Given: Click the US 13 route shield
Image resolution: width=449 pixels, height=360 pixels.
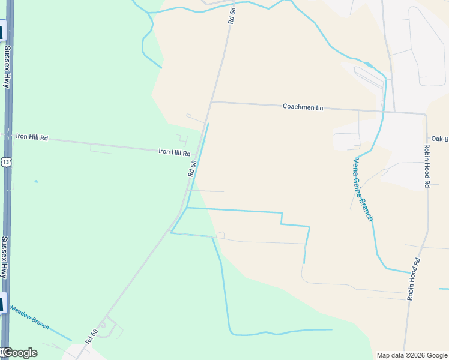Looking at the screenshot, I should [x=6, y=162].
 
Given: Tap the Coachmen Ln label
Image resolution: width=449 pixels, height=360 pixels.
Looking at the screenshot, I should [x=303, y=107].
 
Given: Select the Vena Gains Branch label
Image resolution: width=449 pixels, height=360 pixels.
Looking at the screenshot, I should [x=363, y=189].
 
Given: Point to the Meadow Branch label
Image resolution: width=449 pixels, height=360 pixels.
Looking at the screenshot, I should [x=29, y=314].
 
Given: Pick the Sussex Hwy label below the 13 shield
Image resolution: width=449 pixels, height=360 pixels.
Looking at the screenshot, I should [x=5, y=257].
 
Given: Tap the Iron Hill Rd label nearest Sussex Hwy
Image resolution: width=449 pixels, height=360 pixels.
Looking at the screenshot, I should [x=32, y=137].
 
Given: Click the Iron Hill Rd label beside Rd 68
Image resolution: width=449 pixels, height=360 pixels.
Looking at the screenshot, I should [x=174, y=153].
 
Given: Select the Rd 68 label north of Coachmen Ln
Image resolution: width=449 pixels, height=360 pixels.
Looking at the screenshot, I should [x=232, y=16].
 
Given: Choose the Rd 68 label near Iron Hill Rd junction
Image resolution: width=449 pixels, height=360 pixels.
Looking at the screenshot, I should [x=192, y=168].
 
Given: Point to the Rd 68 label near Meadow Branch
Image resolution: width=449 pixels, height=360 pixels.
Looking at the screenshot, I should [x=92, y=336].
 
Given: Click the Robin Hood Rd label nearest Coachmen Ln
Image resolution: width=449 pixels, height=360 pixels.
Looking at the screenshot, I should [x=427, y=166].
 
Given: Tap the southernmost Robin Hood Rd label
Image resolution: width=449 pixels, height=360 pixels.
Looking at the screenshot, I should [x=412, y=279].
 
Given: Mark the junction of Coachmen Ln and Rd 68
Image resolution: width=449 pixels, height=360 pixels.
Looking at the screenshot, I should [x=211, y=101].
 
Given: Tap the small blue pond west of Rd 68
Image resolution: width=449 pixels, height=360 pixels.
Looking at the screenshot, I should [x=36, y=181].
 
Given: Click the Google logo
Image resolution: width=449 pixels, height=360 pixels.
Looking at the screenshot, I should [x=20, y=353].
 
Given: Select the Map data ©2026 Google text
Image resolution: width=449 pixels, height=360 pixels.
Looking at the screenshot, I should [x=412, y=355].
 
